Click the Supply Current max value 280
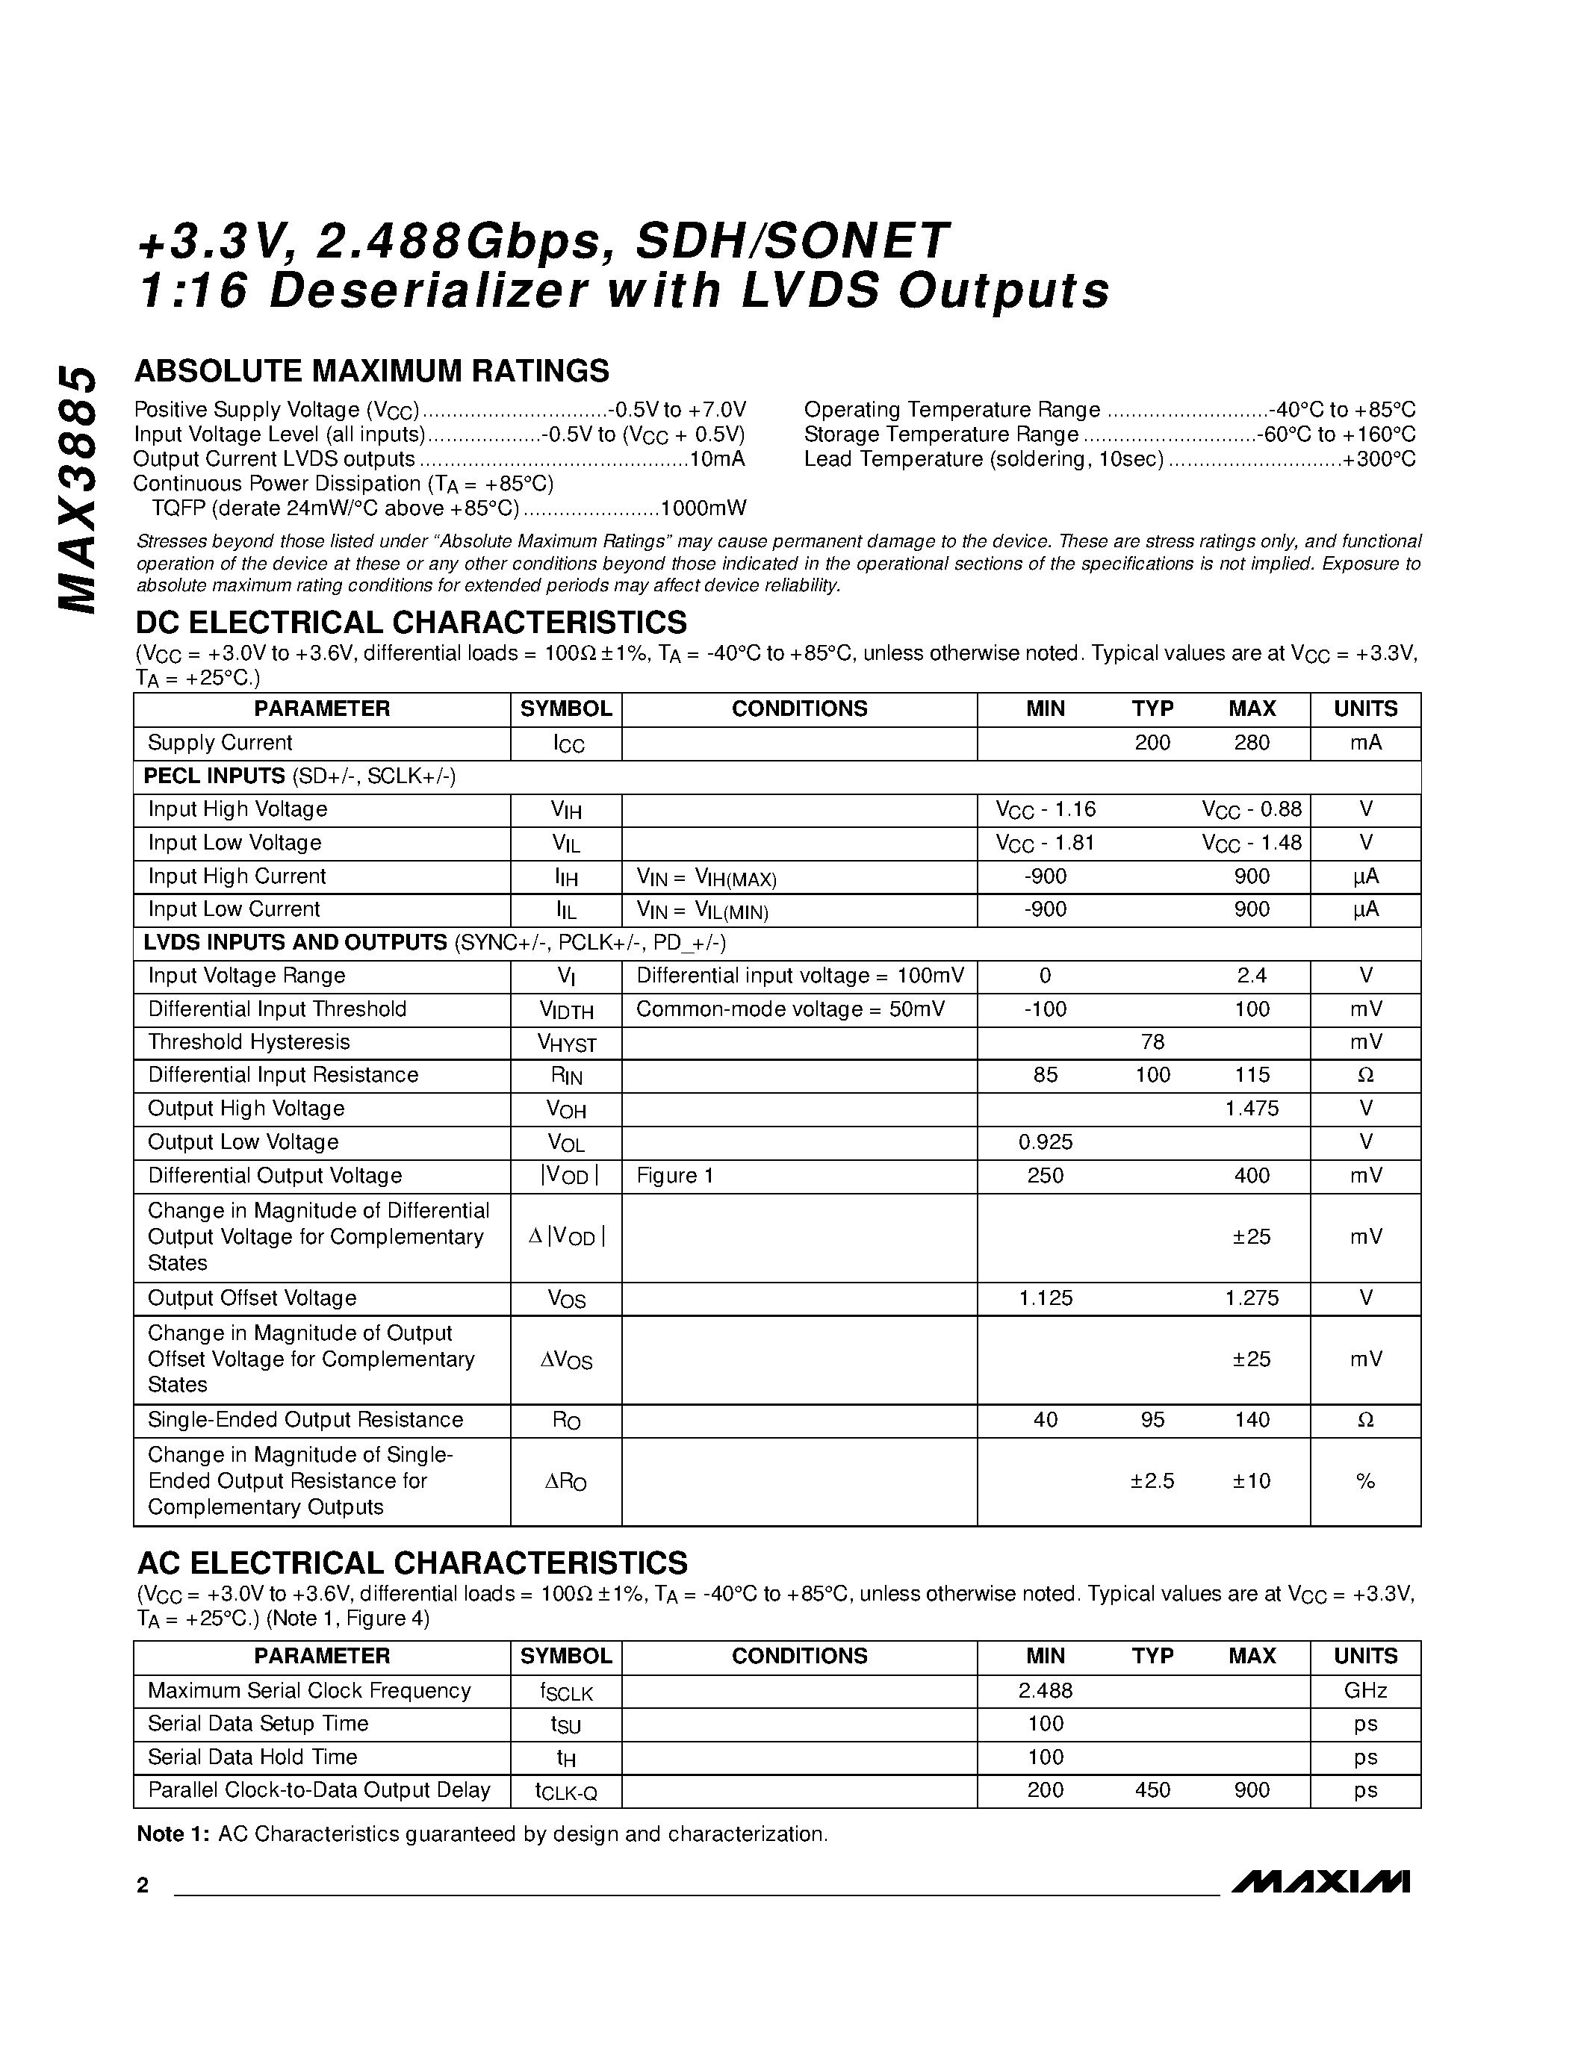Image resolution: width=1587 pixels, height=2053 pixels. [1252, 743]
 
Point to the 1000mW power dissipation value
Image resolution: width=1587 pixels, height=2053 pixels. [704, 508]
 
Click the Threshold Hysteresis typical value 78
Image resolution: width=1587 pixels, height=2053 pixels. [1152, 1041]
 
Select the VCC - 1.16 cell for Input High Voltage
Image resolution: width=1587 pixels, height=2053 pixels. [1046, 809]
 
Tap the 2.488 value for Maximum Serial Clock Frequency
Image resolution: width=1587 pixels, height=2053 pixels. [1046, 1690]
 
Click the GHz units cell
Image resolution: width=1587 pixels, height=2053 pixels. [1365, 1690]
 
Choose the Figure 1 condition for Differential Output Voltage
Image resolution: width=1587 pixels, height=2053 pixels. [675, 1175]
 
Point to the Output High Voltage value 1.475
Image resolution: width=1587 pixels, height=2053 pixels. [1252, 1109]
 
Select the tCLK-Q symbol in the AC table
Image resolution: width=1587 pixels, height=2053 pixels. [566, 1791]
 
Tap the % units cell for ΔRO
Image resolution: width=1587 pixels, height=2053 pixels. [1365, 1480]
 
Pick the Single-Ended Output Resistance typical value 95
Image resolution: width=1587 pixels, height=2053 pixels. [1152, 1419]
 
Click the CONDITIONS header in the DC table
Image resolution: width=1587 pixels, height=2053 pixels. [799, 708]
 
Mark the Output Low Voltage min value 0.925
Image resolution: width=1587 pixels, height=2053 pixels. [1046, 1142]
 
